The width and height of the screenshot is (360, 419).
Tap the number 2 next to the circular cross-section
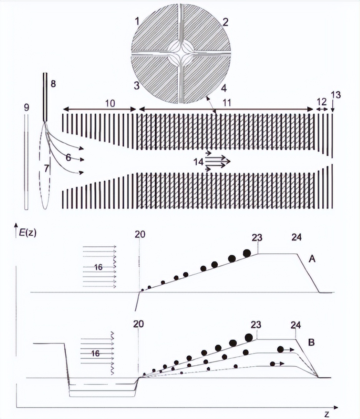(x=225, y=22)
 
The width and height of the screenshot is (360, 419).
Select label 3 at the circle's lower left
(x=137, y=86)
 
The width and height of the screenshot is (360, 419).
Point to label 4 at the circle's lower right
(x=224, y=88)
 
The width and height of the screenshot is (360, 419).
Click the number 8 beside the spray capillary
(x=53, y=84)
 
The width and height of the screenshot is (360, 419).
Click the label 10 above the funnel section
(x=110, y=103)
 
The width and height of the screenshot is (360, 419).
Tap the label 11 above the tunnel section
(x=227, y=103)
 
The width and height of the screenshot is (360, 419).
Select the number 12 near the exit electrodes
(x=322, y=101)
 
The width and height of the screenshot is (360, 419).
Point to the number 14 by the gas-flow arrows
(x=198, y=161)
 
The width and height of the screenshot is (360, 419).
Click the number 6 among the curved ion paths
(x=68, y=158)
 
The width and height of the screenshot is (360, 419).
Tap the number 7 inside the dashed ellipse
(x=47, y=169)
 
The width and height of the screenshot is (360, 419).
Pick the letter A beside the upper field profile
(x=312, y=259)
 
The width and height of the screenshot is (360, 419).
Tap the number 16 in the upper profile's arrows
(x=98, y=267)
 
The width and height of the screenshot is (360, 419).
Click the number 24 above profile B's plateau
(x=296, y=325)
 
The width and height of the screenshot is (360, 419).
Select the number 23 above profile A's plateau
(x=257, y=238)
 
